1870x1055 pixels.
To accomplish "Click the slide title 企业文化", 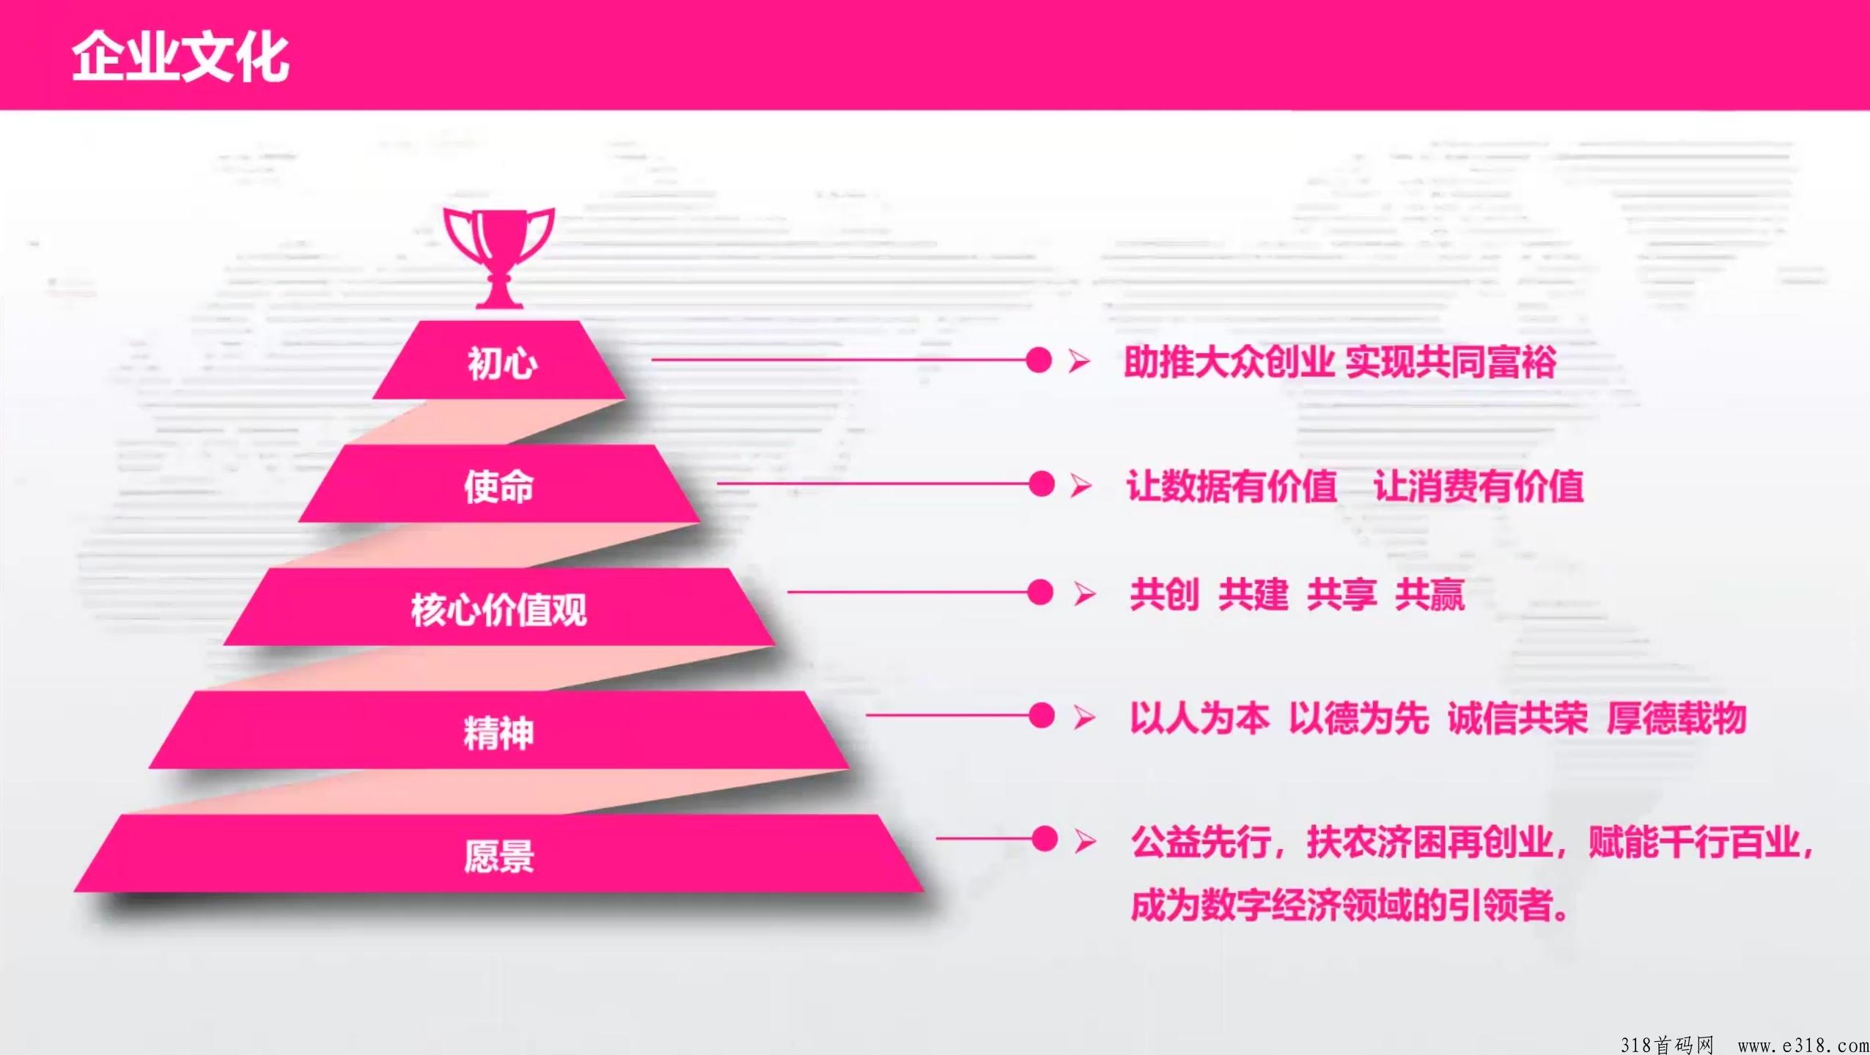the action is point(180,56).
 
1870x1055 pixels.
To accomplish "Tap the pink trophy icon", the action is point(499,257).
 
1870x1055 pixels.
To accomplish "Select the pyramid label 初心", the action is point(503,363).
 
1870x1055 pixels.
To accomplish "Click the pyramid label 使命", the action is point(498,486).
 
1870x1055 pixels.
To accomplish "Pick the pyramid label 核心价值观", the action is point(498,610).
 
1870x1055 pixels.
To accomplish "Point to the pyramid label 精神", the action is point(498,733).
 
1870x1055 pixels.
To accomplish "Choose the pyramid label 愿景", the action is point(498,856).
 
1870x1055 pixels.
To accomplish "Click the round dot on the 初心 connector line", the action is point(1039,360).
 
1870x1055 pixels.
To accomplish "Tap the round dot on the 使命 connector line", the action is point(1042,484).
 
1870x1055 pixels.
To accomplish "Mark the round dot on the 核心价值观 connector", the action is point(1040,592).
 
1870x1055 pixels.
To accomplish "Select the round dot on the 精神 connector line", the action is point(1042,716).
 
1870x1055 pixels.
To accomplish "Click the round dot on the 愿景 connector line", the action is point(1045,839).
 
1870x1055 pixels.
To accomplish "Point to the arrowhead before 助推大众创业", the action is point(1079,360).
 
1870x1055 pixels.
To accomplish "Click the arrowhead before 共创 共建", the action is point(1085,593).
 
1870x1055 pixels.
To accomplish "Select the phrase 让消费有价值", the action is point(1479,486).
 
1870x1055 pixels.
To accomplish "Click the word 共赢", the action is point(1430,594).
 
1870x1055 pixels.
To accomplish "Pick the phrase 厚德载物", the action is point(1676,718).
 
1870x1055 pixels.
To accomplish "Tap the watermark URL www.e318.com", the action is point(1803,1045).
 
